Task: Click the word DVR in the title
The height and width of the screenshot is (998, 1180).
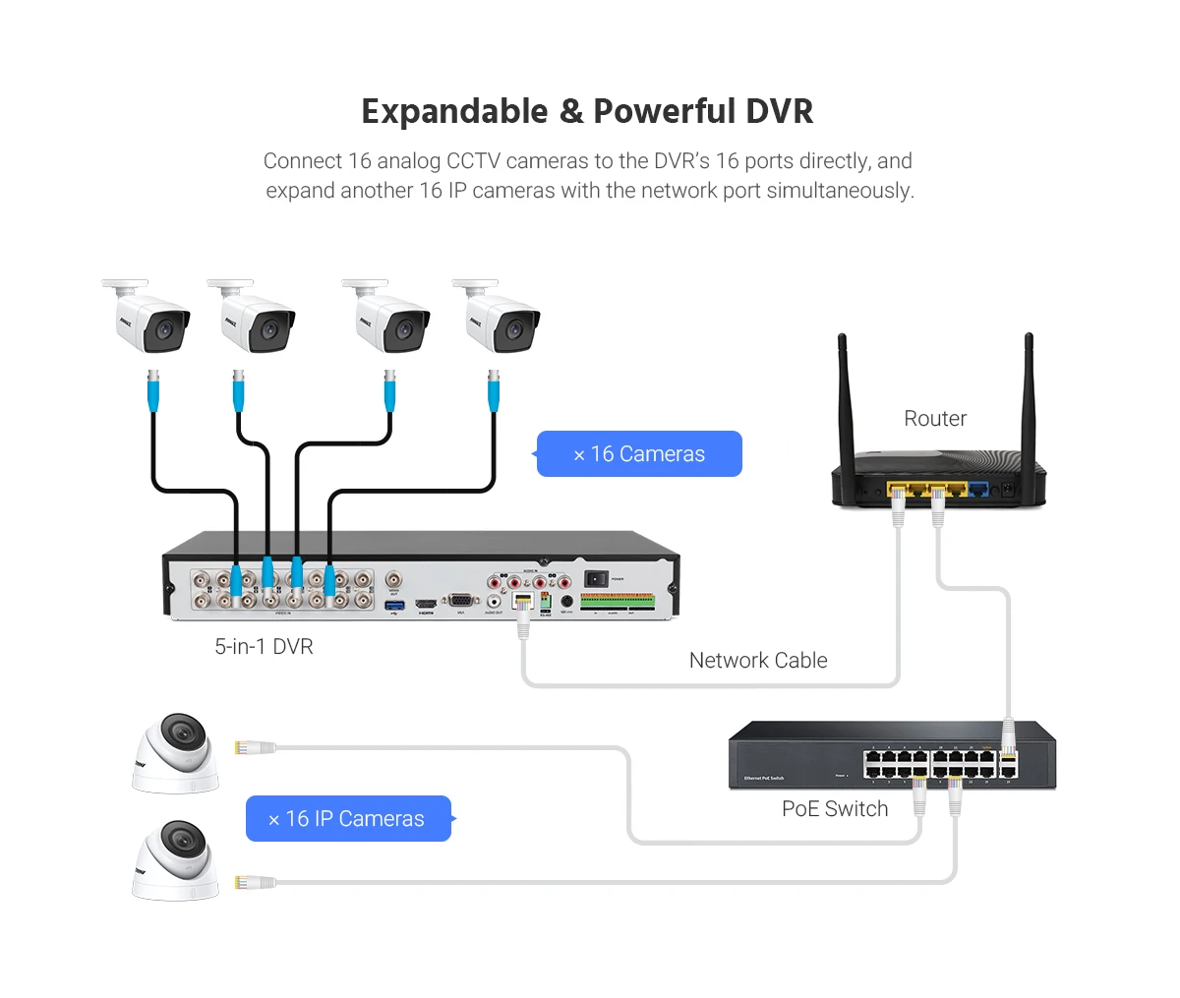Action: [x=779, y=112]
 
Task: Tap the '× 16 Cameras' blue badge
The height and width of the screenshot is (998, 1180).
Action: [x=639, y=454]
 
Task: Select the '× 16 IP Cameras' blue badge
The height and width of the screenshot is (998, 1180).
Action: [x=348, y=819]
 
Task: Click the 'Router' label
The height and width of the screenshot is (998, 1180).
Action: [x=935, y=419]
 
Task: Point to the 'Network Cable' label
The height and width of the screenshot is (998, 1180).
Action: [x=758, y=661]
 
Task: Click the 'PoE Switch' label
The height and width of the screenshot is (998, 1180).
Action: [x=835, y=809]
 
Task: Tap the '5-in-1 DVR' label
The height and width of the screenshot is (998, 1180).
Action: [x=264, y=647]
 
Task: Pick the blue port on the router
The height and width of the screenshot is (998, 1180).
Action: [x=978, y=488]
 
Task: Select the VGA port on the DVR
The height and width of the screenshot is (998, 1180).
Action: [x=459, y=600]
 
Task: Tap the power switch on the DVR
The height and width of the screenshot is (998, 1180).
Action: [x=596, y=579]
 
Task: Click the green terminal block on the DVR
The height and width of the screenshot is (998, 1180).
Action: [x=618, y=600]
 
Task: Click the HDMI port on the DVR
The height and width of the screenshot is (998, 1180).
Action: [x=426, y=603]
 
